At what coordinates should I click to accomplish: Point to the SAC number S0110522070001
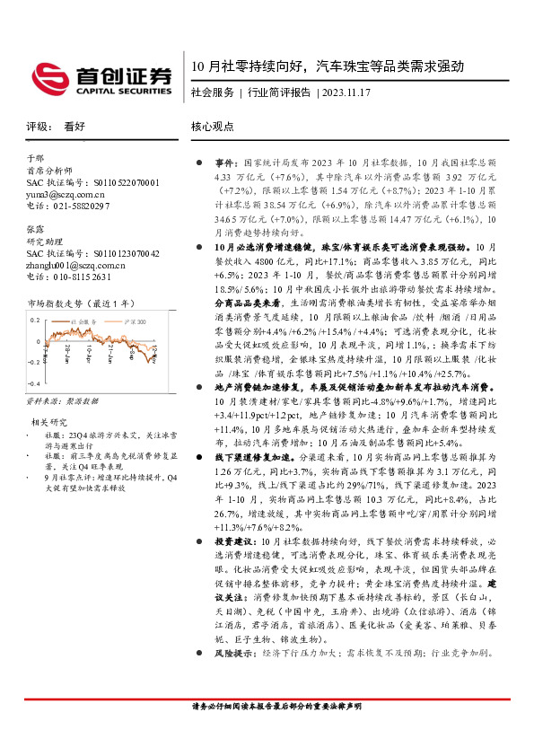[x=125, y=181]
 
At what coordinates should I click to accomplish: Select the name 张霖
[x=35, y=229]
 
